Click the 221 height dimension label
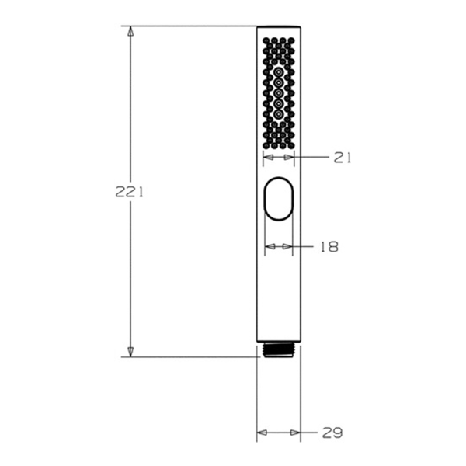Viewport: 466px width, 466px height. point(129,193)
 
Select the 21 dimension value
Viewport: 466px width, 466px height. point(342,158)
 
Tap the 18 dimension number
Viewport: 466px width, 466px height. point(329,247)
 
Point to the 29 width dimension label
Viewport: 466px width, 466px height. point(332,433)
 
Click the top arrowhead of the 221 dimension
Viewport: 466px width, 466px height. point(130,31)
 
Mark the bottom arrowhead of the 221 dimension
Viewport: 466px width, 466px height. point(130,352)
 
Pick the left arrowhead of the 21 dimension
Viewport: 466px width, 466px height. point(269,157)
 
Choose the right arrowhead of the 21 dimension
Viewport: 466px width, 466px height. point(289,157)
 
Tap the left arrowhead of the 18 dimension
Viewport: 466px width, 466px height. point(270,246)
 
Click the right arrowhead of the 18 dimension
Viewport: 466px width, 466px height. point(287,246)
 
